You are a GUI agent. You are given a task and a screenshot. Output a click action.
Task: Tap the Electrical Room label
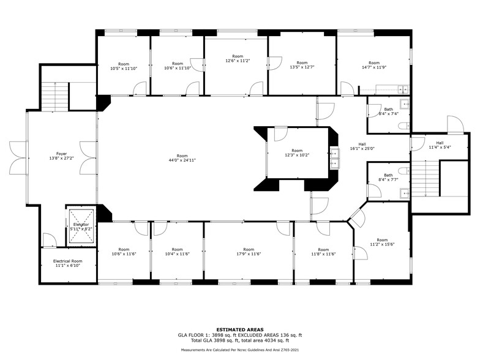(x=67, y=263)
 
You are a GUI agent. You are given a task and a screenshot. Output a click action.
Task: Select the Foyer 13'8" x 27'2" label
(x=62, y=156)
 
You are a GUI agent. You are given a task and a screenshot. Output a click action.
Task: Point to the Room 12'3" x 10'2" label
(x=297, y=153)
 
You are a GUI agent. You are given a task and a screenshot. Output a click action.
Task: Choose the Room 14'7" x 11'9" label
(x=373, y=65)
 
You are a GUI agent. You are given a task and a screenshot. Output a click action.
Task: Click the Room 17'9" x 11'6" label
(x=248, y=252)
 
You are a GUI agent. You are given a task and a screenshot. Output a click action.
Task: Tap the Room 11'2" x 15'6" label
(x=382, y=242)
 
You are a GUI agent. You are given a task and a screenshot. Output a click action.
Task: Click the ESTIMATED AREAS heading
(x=240, y=329)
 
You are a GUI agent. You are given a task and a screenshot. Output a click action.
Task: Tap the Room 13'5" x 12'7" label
(x=302, y=65)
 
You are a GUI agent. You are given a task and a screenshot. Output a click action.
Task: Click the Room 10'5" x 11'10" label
(x=124, y=66)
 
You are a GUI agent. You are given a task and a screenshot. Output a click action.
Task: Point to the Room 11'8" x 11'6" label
(x=323, y=252)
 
